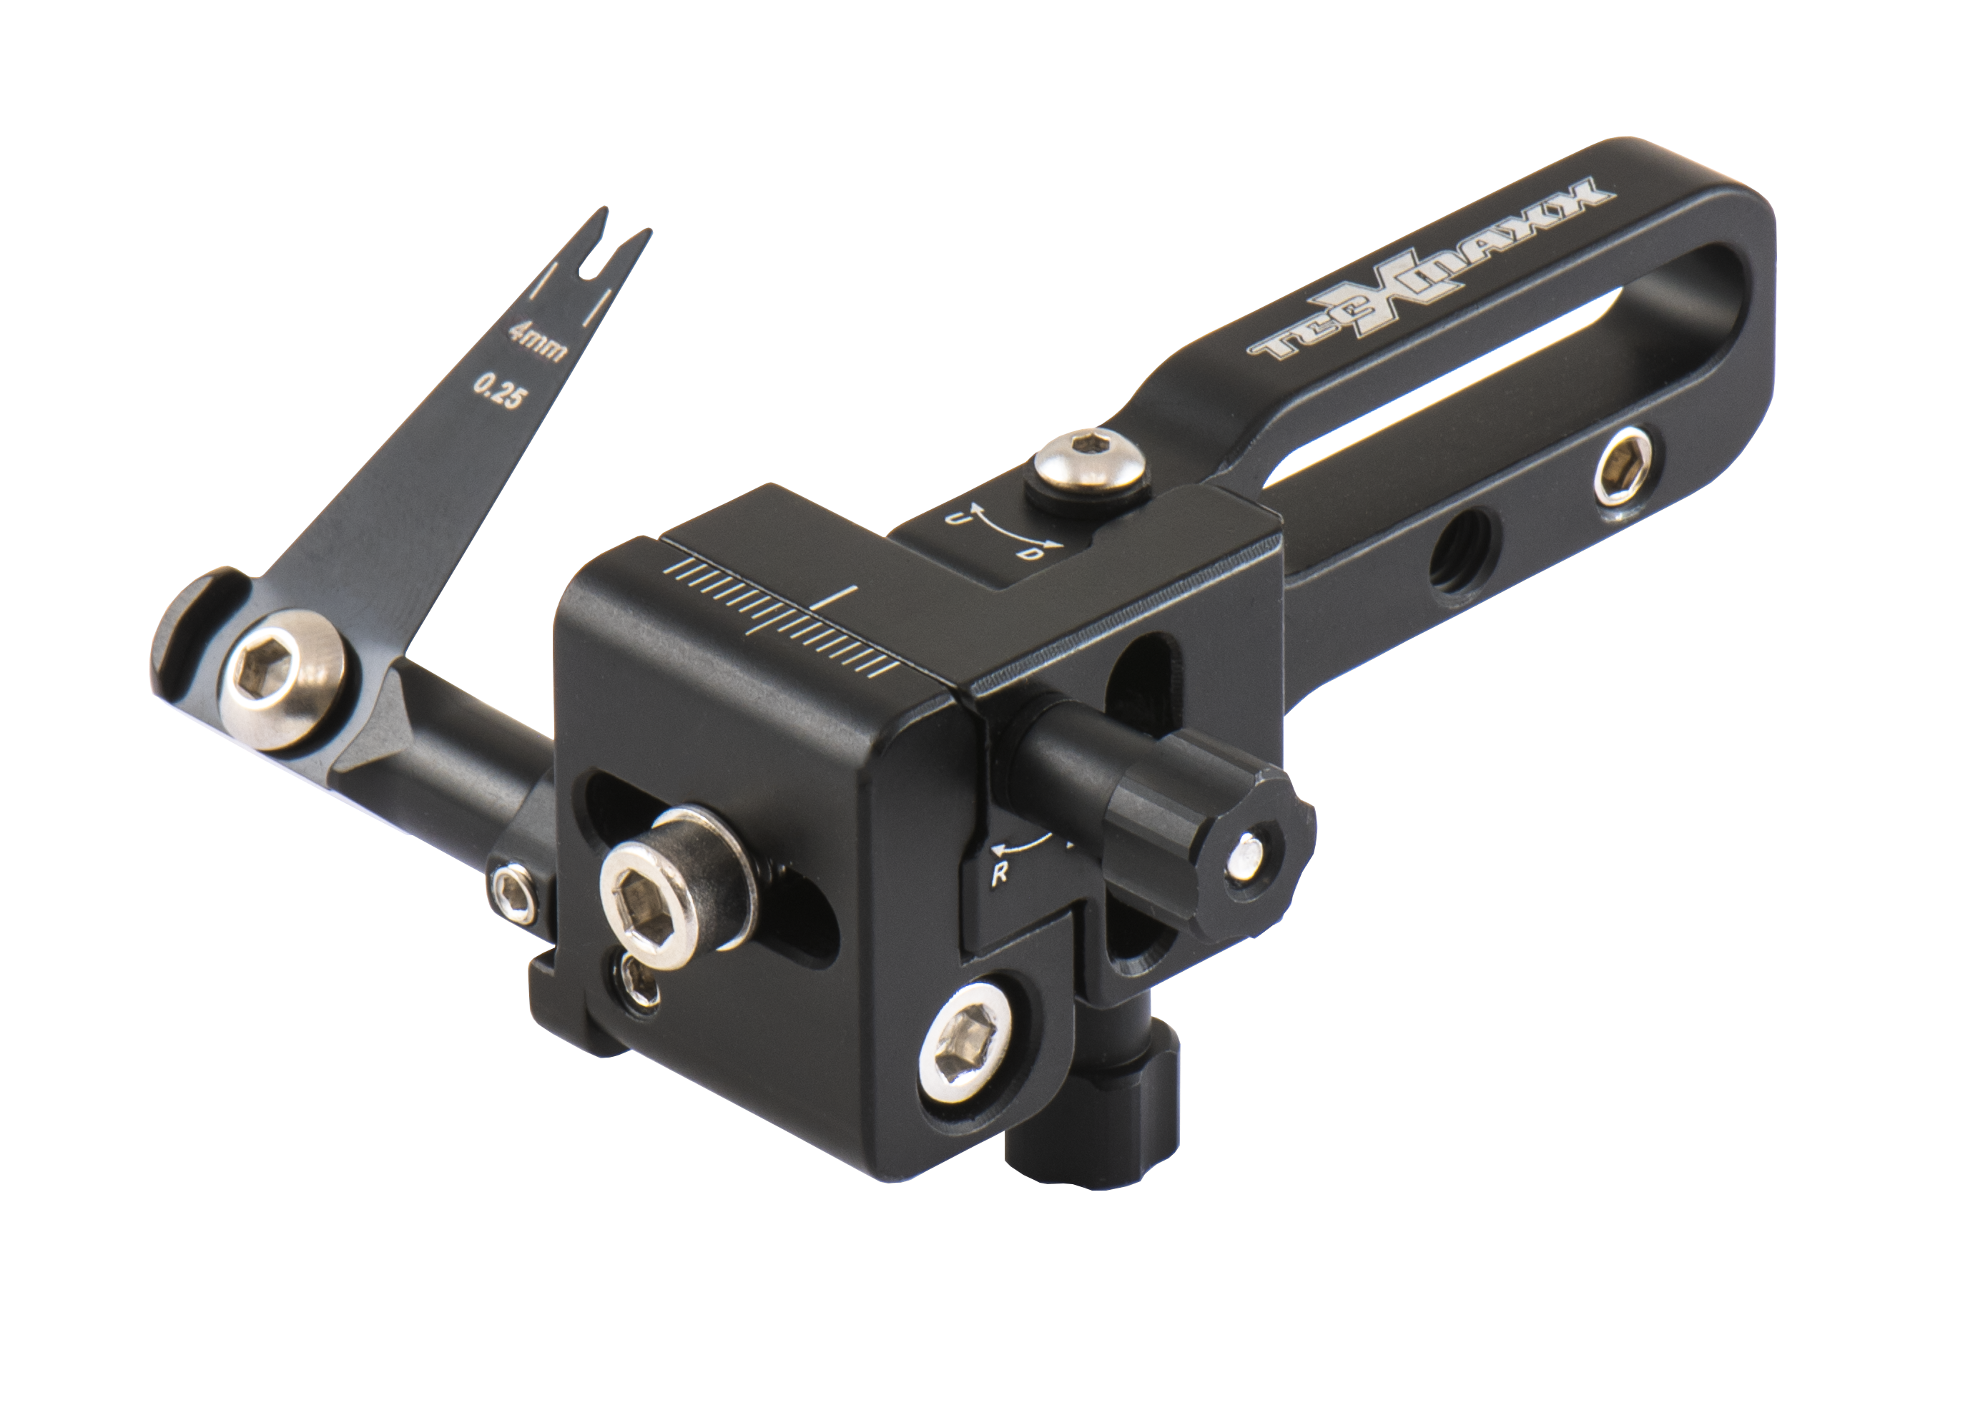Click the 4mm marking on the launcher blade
(537, 342)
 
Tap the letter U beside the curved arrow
(955, 521)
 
